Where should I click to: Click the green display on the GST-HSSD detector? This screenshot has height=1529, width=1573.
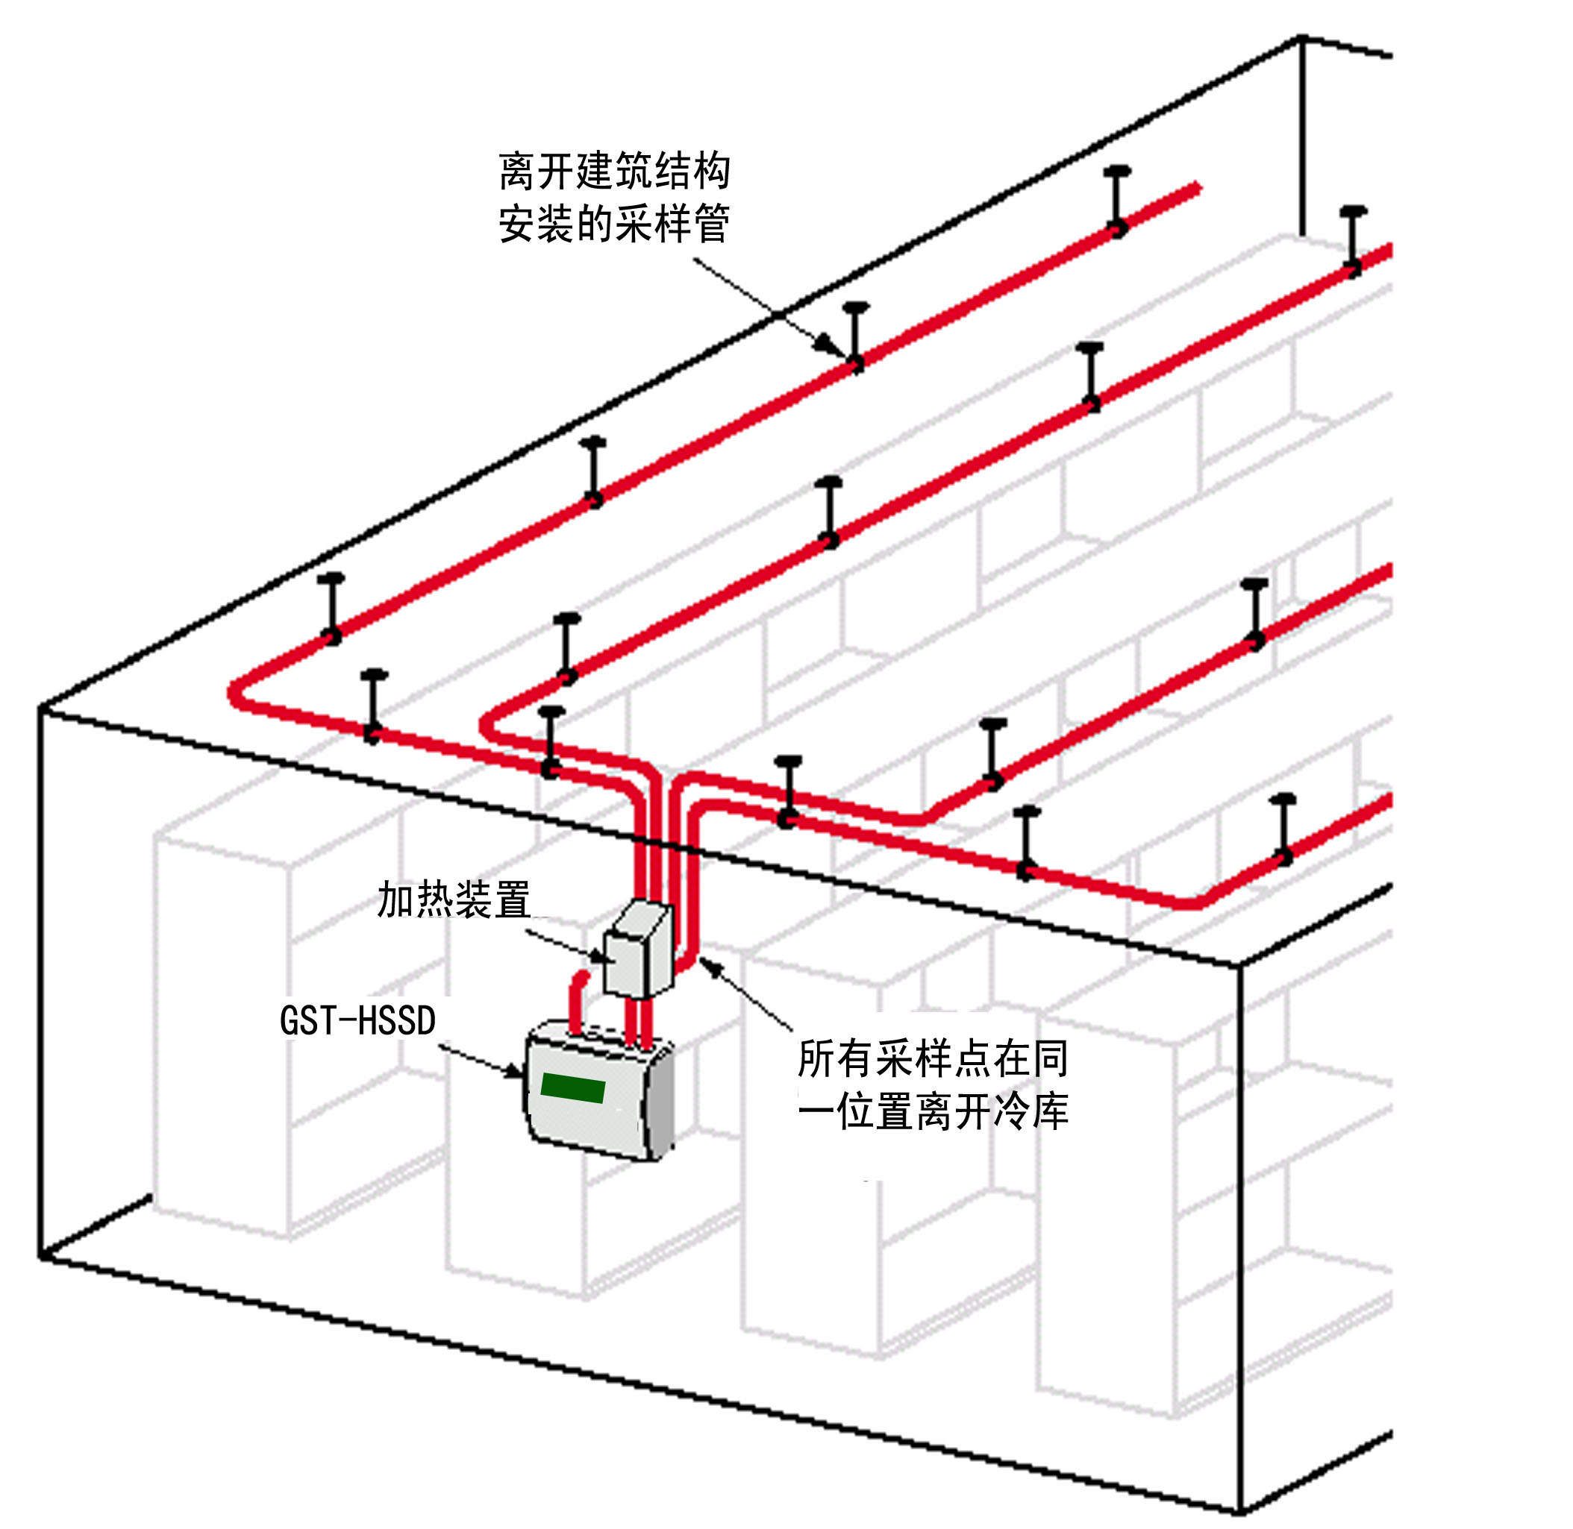click(x=573, y=1087)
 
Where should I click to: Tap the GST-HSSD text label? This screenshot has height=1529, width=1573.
click(x=357, y=1020)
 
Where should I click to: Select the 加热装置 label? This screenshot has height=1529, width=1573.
click(x=454, y=899)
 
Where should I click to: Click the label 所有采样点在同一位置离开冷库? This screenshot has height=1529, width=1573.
click(x=933, y=1085)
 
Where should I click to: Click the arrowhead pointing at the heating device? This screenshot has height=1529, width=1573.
click(x=597, y=955)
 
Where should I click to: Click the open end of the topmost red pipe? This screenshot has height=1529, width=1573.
click(x=1196, y=188)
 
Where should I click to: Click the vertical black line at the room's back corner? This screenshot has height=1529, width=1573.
click(x=1301, y=136)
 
